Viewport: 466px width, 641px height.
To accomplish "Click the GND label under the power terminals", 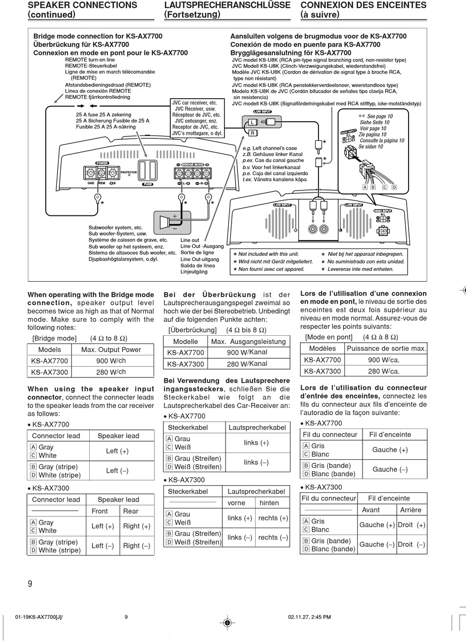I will [x=91, y=183].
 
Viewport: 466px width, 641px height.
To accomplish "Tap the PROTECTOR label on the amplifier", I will [x=129, y=173].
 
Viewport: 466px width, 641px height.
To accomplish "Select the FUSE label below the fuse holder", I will [x=148, y=185].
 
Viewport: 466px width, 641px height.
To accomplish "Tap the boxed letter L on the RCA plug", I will [x=252, y=122].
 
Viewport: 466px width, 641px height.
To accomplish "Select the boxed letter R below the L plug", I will [x=252, y=133].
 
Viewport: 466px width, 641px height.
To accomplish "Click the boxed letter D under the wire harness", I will [x=394, y=187].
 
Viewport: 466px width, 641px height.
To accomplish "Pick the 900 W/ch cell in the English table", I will [x=111, y=361].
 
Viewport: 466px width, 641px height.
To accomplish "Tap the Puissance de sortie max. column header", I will [x=386, y=348].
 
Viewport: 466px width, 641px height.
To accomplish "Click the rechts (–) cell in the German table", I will [x=273, y=537].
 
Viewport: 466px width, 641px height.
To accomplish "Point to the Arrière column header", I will [x=411, y=510].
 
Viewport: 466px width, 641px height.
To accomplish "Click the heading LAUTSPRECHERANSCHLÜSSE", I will [x=227, y=5].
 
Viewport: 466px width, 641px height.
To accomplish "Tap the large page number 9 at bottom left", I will [x=30, y=584].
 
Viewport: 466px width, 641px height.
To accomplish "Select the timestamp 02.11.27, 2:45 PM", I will [x=309, y=617].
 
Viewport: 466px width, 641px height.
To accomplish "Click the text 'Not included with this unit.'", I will [x=268, y=254].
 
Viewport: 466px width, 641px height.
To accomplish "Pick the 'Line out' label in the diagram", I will [x=190, y=240].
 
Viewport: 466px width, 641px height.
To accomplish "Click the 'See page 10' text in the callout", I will [x=378, y=116].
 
